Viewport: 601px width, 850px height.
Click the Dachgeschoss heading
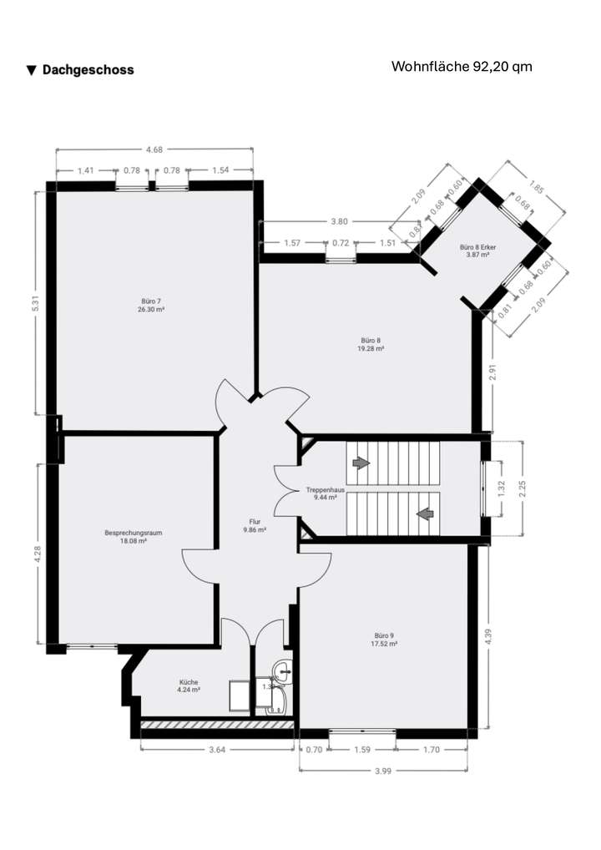80,70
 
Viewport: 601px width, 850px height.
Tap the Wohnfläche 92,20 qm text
462,67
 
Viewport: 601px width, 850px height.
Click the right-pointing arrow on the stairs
361,462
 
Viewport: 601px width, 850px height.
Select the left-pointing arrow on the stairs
425,514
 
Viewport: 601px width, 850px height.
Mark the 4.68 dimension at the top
154,150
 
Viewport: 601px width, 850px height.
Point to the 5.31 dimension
36,304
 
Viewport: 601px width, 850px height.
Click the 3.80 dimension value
339,222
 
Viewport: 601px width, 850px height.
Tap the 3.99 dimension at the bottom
383,770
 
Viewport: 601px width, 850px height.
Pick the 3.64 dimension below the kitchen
217,749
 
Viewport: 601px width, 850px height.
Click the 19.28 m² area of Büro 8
371,349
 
